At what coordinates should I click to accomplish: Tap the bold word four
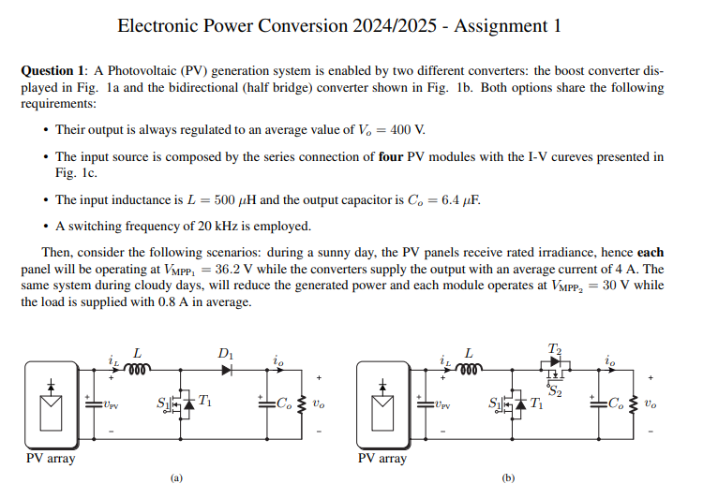coord(392,156)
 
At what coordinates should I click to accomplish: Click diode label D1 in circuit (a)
coord(226,354)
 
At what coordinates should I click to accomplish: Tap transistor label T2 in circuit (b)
coord(555,350)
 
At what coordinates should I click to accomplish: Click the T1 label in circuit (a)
coord(205,403)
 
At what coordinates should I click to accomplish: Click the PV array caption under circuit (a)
coord(50,459)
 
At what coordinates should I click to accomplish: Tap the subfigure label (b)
coord(509,477)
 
